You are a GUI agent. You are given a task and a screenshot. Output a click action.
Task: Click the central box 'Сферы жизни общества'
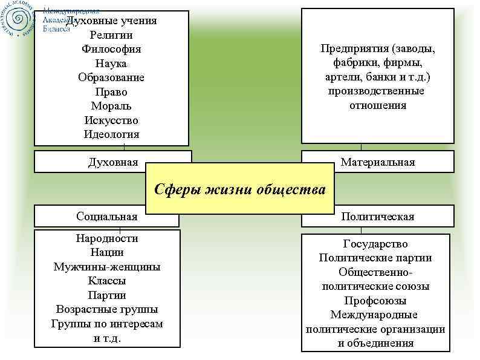(x=240, y=189)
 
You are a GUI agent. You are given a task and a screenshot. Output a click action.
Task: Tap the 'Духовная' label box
(x=112, y=162)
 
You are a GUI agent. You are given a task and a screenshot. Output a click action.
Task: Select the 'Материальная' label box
(x=377, y=162)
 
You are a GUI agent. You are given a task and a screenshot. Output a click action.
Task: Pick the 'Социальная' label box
(x=107, y=216)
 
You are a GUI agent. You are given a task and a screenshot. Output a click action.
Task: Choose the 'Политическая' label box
(x=377, y=216)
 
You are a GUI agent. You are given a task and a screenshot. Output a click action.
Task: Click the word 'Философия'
(x=111, y=49)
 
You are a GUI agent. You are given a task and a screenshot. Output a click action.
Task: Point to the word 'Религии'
(x=111, y=35)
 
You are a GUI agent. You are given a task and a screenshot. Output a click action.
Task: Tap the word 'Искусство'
(x=111, y=120)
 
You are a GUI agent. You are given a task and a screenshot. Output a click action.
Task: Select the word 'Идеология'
(x=111, y=134)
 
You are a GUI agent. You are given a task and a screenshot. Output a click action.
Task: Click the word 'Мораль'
(x=111, y=106)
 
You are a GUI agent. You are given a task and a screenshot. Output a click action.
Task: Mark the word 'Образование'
(x=111, y=77)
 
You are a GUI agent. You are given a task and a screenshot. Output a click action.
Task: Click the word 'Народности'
(x=107, y=238)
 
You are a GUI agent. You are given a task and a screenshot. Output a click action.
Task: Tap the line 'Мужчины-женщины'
(x=107, y=266)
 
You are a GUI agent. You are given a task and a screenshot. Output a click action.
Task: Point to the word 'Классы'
(x=107, y=281)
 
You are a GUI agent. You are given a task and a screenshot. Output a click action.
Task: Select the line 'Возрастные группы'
(x=107, y=309)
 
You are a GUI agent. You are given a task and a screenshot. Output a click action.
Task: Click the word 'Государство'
(x=375, y=244)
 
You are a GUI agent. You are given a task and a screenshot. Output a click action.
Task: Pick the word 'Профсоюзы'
(x=375, y=301)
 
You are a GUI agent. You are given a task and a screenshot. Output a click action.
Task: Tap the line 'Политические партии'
(x=375, y=258)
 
